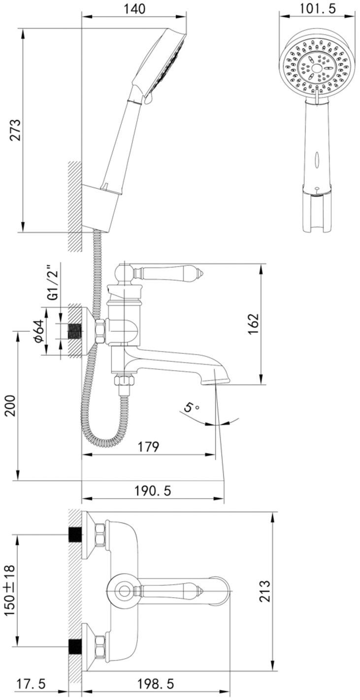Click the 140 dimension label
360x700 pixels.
134,9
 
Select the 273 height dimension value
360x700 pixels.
15,130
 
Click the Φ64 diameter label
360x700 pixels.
39,331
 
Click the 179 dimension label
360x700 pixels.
148,446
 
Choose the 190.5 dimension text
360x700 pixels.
153,491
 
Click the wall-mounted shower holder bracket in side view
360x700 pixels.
101,208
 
